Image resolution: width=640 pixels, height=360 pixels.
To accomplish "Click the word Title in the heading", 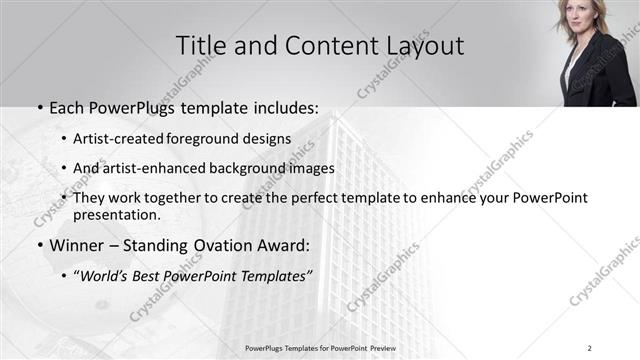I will (x=201, y=45).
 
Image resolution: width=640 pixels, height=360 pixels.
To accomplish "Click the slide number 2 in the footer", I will (x=589, y=348).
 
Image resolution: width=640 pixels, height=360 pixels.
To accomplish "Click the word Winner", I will (x=74, y=243).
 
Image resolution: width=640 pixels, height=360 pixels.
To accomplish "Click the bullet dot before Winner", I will (x=38, y=244).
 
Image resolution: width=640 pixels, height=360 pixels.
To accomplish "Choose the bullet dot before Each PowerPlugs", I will (x=38, y=106).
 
